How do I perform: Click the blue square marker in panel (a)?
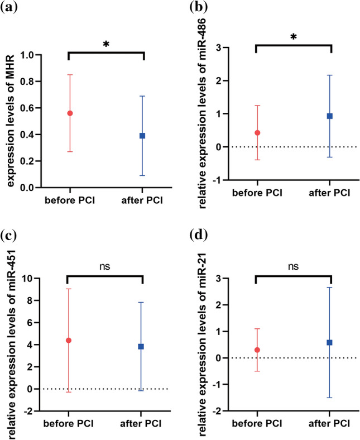click(142, 136)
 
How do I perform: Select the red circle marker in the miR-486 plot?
click(257, 133)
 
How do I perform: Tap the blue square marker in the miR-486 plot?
click(330, 116)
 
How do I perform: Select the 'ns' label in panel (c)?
click(105, 266)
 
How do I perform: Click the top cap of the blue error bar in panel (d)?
click(330, 288)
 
